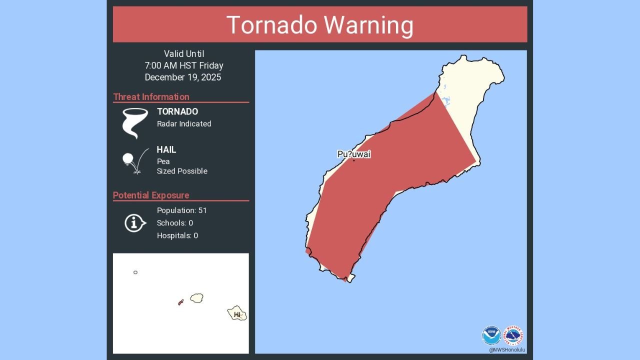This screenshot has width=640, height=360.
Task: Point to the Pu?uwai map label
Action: pyautogui.click(x=354, y=154)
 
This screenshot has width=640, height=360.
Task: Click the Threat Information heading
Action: pyautogui.click(x=151, y=97)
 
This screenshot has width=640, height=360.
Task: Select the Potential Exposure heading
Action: pyautogui.click(x=151, y=195)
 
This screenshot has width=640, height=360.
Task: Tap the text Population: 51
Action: pyautogui.click(x=181, y=210)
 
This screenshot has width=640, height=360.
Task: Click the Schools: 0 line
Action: pyautogui.click(x=175, y=223)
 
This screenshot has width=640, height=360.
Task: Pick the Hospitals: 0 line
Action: pyautogui.click(x=177, y=235)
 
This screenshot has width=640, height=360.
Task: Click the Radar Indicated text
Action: pyautogui.click(x=184, y=124)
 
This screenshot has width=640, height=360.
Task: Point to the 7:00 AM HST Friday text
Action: pyautogui.click(x=184, y=65)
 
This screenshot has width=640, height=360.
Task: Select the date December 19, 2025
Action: pyautogui.click(x=183, y=77)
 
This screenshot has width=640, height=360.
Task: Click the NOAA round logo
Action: pyautogui.click(x=491, y=335)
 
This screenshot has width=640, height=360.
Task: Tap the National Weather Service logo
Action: pyautogui.click(x=513, y=335)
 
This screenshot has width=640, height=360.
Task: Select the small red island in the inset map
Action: pyautogui.click(x=181, y=302)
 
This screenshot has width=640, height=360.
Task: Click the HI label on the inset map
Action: pyautogui.click(x=237, y=314)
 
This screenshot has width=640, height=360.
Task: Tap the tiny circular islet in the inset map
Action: pyautogui.click(x=135, y=272)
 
